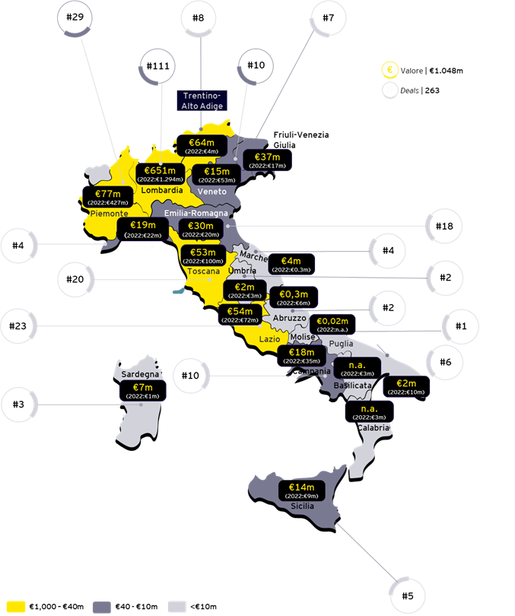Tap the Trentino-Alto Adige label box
[x=201, y=100]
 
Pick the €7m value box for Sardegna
[x=143, y=391]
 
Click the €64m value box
[x=201, y=145]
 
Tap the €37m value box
[x=267, y=161]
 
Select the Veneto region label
[x=212, y=192]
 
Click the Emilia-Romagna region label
[x=196, y=213]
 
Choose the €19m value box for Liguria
[x=143, y=229]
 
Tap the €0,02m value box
[x=333, y=325]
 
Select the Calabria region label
[x=374, y=427]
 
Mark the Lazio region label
[x=269, y=339]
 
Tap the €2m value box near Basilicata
[x=406, y=386]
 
